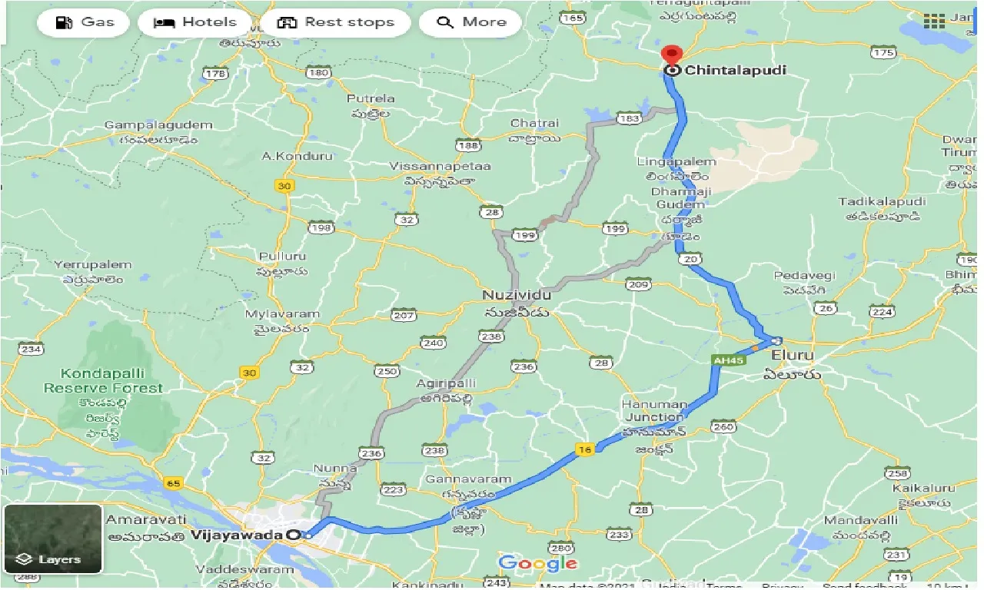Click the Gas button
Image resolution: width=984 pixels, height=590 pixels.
tap(85, 22)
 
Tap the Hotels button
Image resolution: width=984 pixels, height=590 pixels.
tap(195, 22)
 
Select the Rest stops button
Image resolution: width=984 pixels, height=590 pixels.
tap(335, 22)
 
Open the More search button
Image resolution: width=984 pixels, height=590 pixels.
tap(470, 22)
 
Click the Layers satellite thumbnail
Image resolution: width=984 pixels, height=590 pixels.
tap(52, 539)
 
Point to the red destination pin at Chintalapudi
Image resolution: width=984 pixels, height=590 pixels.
tap(673, 56)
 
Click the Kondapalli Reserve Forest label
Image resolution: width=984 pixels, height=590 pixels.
tap(103, 381)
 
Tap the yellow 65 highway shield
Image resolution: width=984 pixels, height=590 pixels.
tap(173, 482)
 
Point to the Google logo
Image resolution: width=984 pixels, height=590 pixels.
tap(537, 563)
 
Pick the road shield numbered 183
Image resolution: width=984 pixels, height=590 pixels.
tap(629, 118)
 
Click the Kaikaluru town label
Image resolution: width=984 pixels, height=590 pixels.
tap(923, 488)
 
